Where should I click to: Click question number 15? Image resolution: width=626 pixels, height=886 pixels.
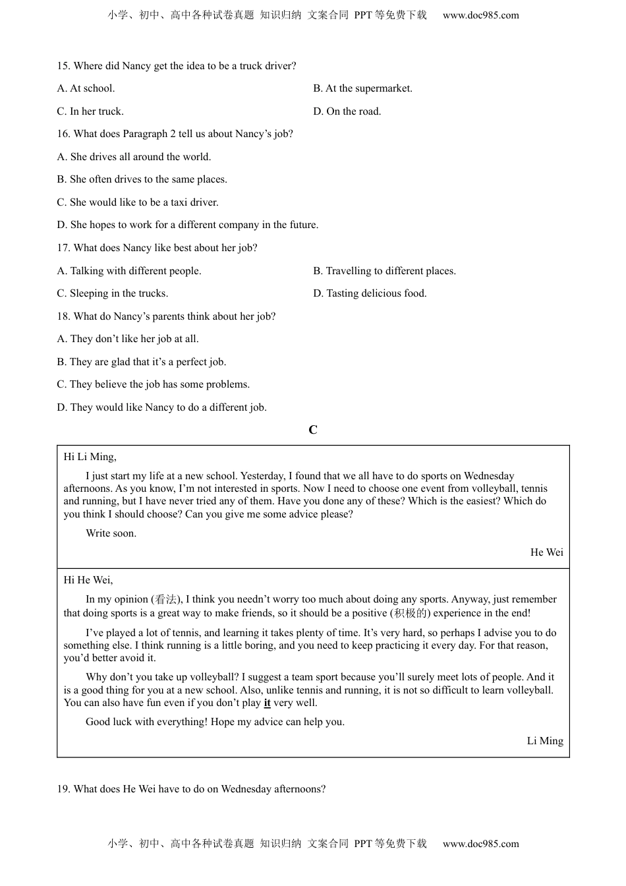pyautogui.click(x=63, y=66)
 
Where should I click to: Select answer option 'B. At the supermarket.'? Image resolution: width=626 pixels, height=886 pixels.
pyautogui.click(x=362, y=88)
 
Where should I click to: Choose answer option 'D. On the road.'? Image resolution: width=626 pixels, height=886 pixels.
pyautogui.click(x=347, y=111)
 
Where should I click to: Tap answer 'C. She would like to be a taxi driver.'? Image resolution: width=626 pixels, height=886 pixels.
pyautogui.click(x=137, y=202)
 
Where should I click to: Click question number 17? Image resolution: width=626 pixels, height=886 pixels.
pyautogui.click(x=63, y=248)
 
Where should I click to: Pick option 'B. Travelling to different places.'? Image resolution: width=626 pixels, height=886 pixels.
pyautogui.click(x=384, y=271)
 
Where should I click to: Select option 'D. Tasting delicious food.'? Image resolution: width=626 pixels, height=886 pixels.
pyautogui.click(x=370, y=293)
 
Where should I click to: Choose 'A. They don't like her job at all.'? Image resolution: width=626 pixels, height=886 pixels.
pyautogui.click(x=127, y=339)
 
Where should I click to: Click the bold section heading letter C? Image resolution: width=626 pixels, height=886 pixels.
pyautogui.click(x=313, y=430)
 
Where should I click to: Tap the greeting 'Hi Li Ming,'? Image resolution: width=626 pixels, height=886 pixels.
pyautogui.click(x=90, y=457)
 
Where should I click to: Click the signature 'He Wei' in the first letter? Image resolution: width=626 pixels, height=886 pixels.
pyautogui.click(x=546, y=552)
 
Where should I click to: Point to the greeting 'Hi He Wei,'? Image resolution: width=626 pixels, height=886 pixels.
pyautogui.click(x=88, y=580)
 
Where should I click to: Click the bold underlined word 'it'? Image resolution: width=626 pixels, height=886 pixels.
pyautogui.click(x=267, y=703)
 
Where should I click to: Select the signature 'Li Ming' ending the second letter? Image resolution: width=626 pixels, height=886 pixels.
pyautogui.click(x=545, y=741)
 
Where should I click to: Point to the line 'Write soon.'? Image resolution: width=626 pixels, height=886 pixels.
pyautogui.click(x=111, y=533)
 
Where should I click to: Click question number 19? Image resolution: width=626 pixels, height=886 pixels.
pyautogui.click(x=63, y=789)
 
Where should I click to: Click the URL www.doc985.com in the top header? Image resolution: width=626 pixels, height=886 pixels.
pyautogui.click(x=480, y=15)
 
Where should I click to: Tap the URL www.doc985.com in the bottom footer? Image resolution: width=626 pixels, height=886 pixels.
pyautogui.click(x=480, y=844)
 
